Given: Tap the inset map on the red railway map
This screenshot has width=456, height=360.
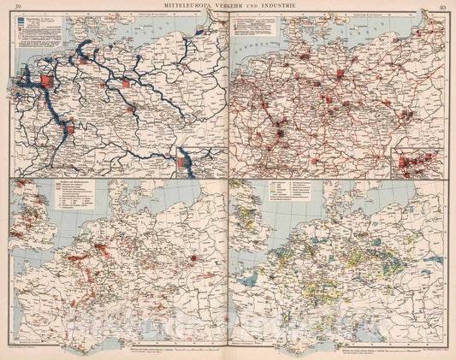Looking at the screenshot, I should pos(417,161).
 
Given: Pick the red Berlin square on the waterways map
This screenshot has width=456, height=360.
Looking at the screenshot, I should pos(127,84).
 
